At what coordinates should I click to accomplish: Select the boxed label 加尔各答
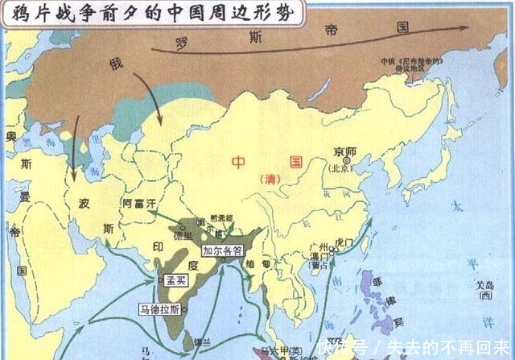click(x=221, y=250)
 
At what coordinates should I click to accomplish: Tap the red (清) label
click(x=262, y=179)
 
